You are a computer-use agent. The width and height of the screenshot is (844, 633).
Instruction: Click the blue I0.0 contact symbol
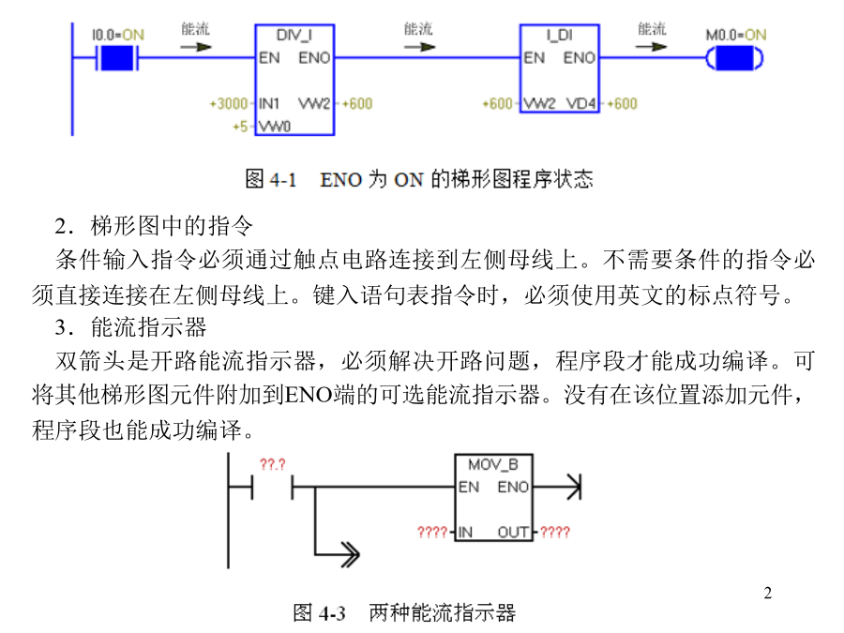click(117, 58)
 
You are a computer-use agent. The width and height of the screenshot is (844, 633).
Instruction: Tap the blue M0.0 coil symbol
click(734, 58)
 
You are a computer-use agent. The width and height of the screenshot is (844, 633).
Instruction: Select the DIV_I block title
click(294, 36)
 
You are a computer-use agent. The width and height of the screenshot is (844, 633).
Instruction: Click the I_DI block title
click(559, 36)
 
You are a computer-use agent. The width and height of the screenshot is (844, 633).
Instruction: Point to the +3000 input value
click(229, 103)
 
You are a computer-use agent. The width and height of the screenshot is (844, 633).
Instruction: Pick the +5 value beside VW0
click(240, 127)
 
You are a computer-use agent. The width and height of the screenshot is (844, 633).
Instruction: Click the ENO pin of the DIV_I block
click(314, 57)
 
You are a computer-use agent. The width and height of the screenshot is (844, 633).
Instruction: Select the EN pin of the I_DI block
click(534, 57)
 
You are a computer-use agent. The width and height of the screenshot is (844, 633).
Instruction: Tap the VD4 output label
click(580, 103)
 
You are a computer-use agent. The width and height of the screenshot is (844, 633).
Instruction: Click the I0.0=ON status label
click(118, 35)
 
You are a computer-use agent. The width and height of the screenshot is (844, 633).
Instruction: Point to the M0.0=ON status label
click(736, 35)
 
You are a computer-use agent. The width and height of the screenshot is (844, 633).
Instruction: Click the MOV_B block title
click(493, 464)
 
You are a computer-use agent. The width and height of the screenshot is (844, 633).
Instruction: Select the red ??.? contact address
click(272, 464)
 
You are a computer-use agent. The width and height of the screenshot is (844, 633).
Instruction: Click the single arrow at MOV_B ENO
click(556, 488)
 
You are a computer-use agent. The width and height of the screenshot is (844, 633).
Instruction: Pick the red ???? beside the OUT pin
click(555, 533)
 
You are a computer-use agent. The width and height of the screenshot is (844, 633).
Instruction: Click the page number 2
click(767, 593)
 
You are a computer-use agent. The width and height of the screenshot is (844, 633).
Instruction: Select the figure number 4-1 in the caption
click(283, 179)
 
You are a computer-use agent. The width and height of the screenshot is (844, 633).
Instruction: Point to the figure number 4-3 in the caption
click(332, 613)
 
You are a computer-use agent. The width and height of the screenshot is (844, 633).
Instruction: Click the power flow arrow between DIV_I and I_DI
click(419, 47)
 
